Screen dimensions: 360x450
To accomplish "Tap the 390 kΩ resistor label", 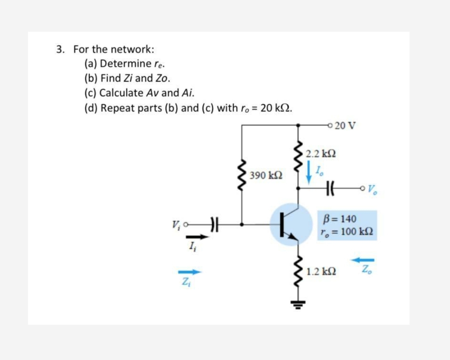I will [x=266, y=175].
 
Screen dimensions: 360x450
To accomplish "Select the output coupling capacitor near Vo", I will [x=330, y=188].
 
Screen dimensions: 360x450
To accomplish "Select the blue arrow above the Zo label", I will [x=362, y=260].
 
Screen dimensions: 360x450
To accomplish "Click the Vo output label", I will [x=372, y=189].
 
